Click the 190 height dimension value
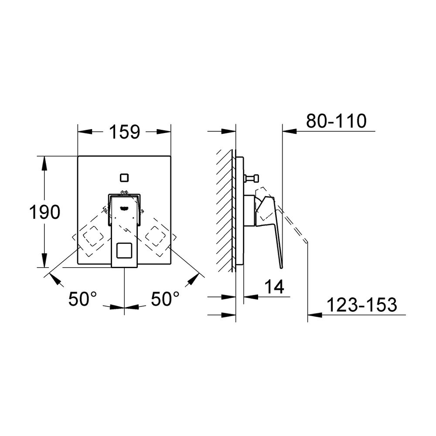point(44,212)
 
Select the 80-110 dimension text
point(336,121)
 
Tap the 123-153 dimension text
point(361,305)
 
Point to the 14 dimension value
point(274,287)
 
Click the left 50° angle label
point(82,299)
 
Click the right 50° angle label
point(165,299)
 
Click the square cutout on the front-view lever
point(124,250)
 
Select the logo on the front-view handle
point(124,208)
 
